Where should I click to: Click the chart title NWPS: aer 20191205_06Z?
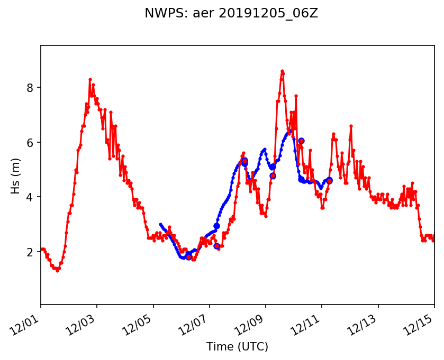231,14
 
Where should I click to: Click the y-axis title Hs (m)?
16,175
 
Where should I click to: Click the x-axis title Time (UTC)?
238,347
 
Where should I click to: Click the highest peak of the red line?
283,71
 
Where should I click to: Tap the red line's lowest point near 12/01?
57,271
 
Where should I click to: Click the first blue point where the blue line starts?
160,224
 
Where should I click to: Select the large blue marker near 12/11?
329,180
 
